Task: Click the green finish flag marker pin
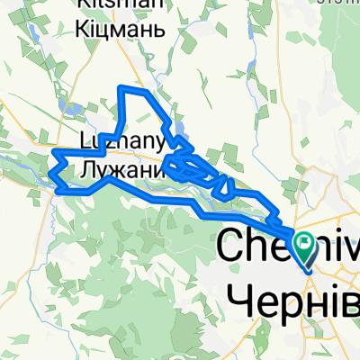303,241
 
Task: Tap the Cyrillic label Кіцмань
122,30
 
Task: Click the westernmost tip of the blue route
52,167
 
